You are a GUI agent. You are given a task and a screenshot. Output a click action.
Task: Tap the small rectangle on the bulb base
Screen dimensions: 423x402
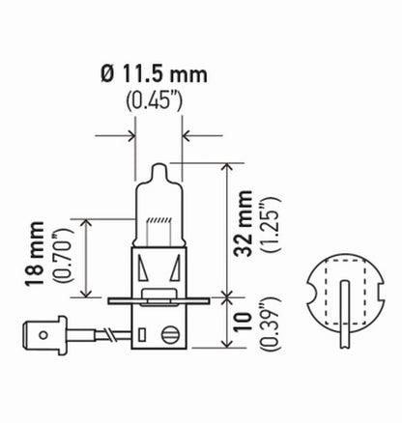click(x=141, y=336)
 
